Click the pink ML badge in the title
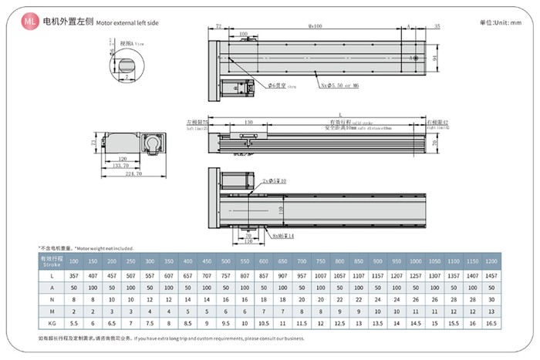click(30, 23)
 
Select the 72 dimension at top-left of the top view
click(218, 26)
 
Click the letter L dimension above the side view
click(318, 115)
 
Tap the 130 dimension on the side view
click(248, 123)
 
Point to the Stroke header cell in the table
click(50, 261)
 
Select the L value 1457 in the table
click(491, 276)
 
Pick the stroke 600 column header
click(263, 261)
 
